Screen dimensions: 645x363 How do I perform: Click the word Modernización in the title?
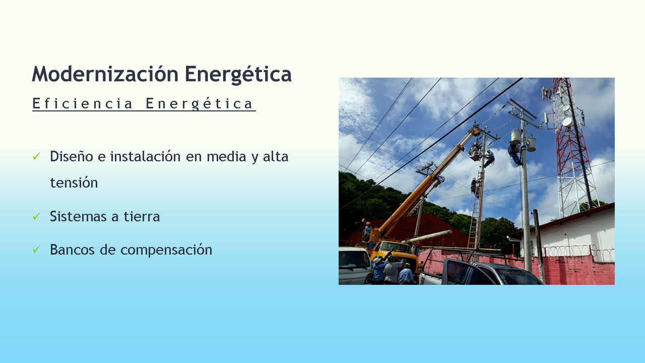[105, 74]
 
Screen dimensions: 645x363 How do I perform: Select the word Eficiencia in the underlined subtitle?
[82, 103]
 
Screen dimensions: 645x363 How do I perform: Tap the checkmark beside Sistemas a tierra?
[37, 216]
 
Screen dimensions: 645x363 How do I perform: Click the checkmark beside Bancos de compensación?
[37, 249]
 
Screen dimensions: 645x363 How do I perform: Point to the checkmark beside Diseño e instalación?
[37, 156]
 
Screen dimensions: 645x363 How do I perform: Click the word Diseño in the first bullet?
[72, 156]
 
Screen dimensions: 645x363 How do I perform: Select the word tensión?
[74, 183]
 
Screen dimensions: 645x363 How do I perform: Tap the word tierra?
[142, 216]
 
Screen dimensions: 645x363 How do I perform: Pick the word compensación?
[166, 250]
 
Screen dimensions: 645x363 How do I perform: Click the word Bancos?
[72, 250]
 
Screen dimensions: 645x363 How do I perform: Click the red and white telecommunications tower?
[571, 147]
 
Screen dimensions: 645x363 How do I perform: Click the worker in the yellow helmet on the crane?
[368, 230]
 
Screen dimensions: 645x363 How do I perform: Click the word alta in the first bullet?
[276, 156]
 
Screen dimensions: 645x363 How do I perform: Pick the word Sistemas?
[80, 216]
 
